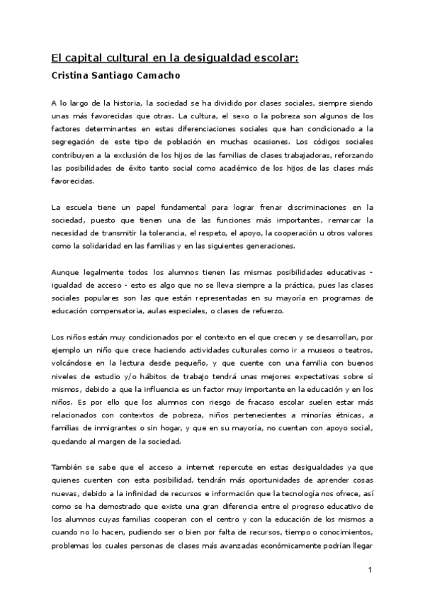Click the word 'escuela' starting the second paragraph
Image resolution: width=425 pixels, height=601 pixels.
point(79,207)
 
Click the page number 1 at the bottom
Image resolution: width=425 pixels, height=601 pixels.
point(370,570)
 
